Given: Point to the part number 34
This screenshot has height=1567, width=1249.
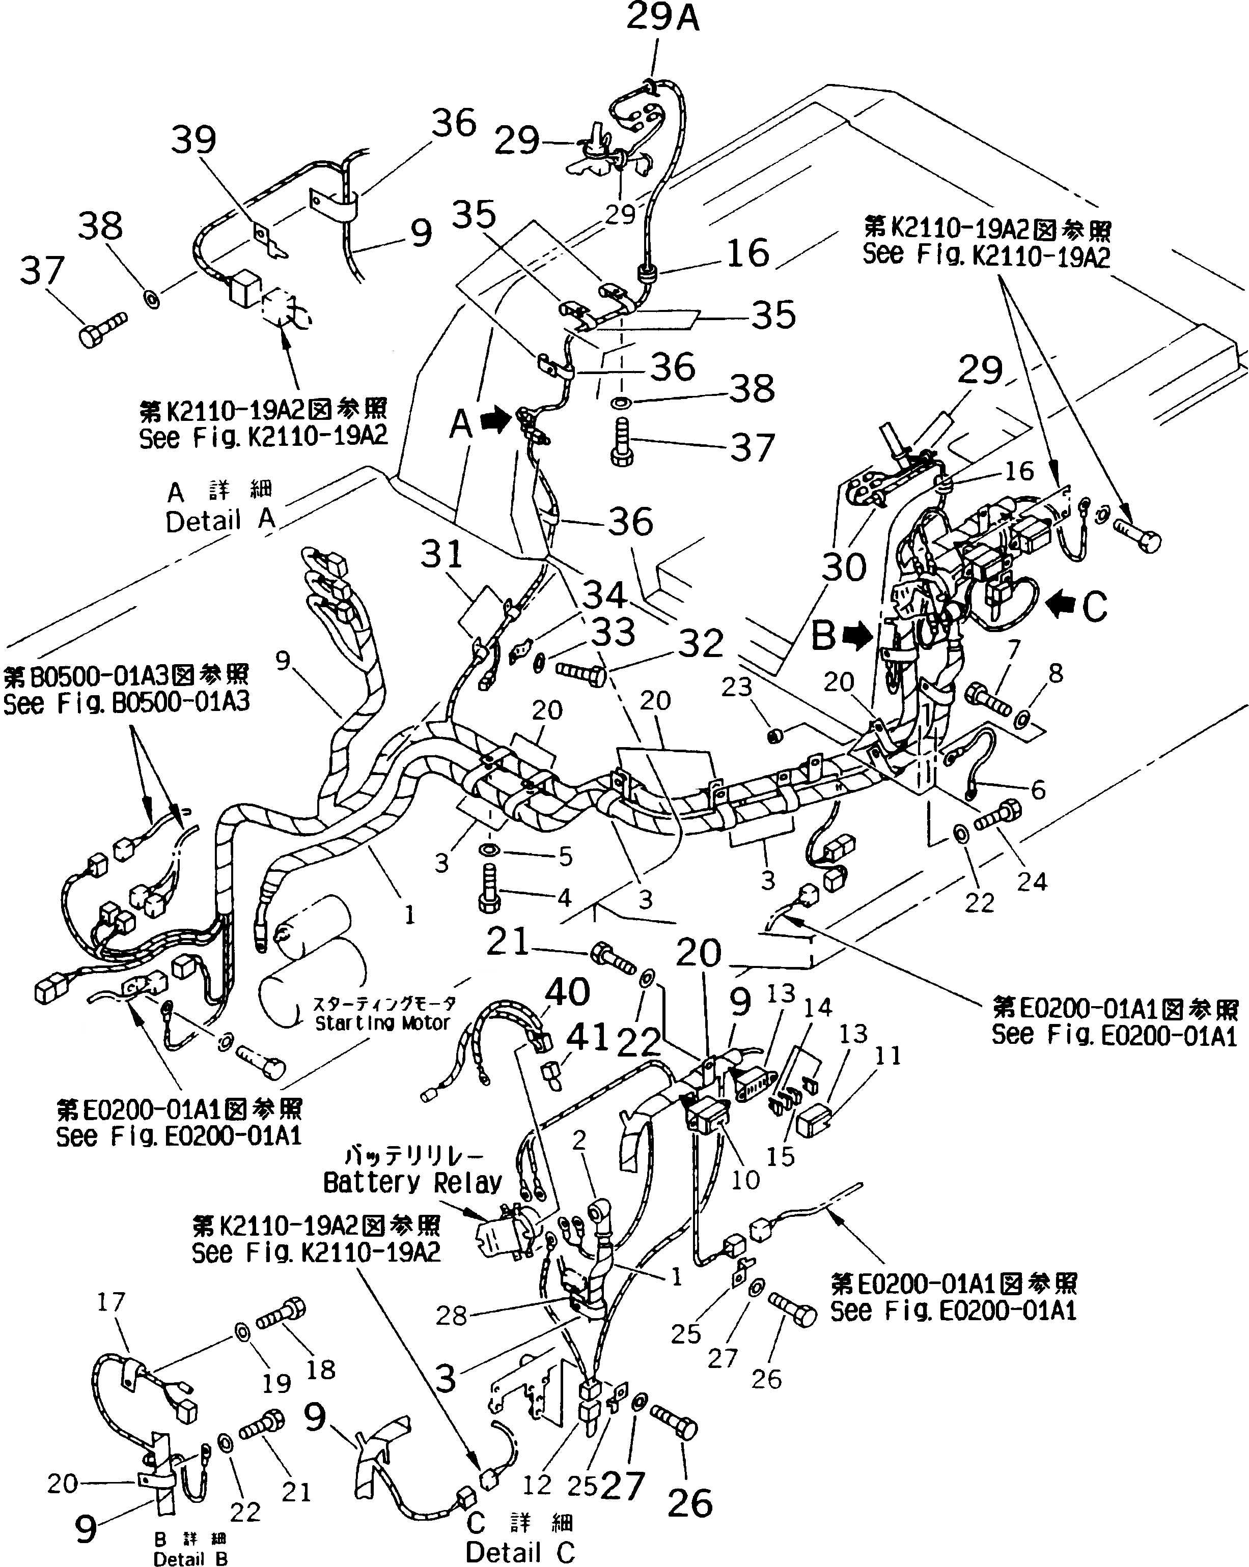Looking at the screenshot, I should click(605, 595).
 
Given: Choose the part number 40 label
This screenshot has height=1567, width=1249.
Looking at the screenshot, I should click(567, 991).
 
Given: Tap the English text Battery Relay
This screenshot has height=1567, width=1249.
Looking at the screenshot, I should click(412, 1183).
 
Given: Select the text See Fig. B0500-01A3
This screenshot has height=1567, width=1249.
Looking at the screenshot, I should click(126, 702).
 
